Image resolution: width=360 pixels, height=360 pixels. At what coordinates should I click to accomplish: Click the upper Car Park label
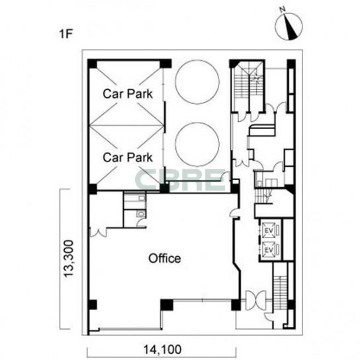[x=128, y=94]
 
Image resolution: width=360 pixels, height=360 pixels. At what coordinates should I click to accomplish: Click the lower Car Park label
[x=128, y=157]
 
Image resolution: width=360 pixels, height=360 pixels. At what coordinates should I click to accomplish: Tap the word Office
[x=164, y=258]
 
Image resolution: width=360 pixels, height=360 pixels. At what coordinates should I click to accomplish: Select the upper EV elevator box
[x=269, y=230]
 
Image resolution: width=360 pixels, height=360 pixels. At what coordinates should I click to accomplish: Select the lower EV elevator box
[x=269, y=249]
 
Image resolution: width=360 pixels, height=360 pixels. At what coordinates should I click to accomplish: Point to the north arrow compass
[x=289, y=26]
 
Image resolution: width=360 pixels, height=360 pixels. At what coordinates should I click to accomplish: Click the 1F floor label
[x=66, y=34]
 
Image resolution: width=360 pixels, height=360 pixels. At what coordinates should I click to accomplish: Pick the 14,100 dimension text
[x=162, y=349]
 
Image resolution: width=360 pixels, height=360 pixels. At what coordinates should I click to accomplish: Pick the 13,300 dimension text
[x=69, y=259]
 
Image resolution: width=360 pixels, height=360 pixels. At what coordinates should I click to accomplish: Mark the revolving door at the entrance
[x=255, y=300]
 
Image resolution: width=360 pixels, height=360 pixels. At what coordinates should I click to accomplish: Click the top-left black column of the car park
[x=92, y=64]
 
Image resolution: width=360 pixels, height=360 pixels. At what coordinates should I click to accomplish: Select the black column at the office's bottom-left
[x=92, y=304]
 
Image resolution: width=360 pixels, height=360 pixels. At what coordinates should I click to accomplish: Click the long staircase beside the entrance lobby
[x=280, y=292]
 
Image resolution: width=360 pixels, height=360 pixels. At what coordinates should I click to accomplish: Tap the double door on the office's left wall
[x=98, y=232]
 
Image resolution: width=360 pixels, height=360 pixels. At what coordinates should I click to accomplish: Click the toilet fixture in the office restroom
[x=140, y=214]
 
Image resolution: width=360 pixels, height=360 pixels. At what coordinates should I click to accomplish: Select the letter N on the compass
[x=283, y=9]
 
